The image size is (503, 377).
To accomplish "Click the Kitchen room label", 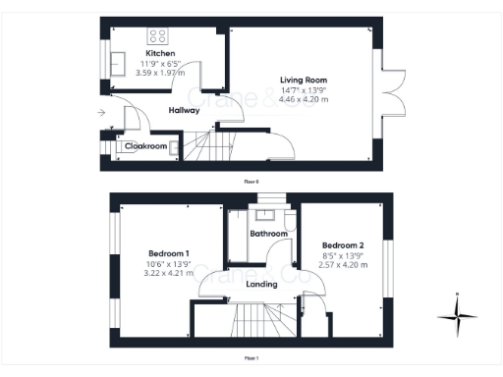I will (161, 53).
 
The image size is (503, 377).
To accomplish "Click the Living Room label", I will (304, 80).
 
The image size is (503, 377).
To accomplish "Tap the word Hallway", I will (184, 111).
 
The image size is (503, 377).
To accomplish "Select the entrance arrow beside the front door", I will (101, 114).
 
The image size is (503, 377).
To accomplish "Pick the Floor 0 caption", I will (252, 181).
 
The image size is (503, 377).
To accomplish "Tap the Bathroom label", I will (268, 234).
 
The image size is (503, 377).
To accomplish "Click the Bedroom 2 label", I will (343, 245).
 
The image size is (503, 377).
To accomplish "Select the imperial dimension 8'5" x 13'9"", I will (343, 255).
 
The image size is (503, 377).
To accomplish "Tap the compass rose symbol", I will (458, 316).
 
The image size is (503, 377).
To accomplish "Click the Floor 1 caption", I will (252, 358).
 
